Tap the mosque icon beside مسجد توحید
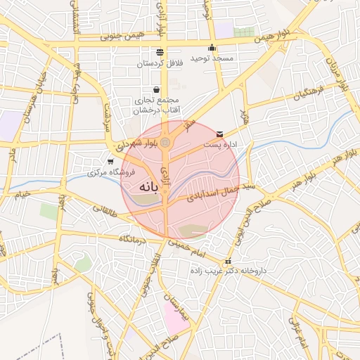[x=212, y=48]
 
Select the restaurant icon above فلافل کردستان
[x=160, y=52]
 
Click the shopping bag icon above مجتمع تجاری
[x=155, y=90]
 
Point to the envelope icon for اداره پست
[x=219, y=134]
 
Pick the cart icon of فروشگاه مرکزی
[x=110, y=162]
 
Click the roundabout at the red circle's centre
[x=165, y=143]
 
